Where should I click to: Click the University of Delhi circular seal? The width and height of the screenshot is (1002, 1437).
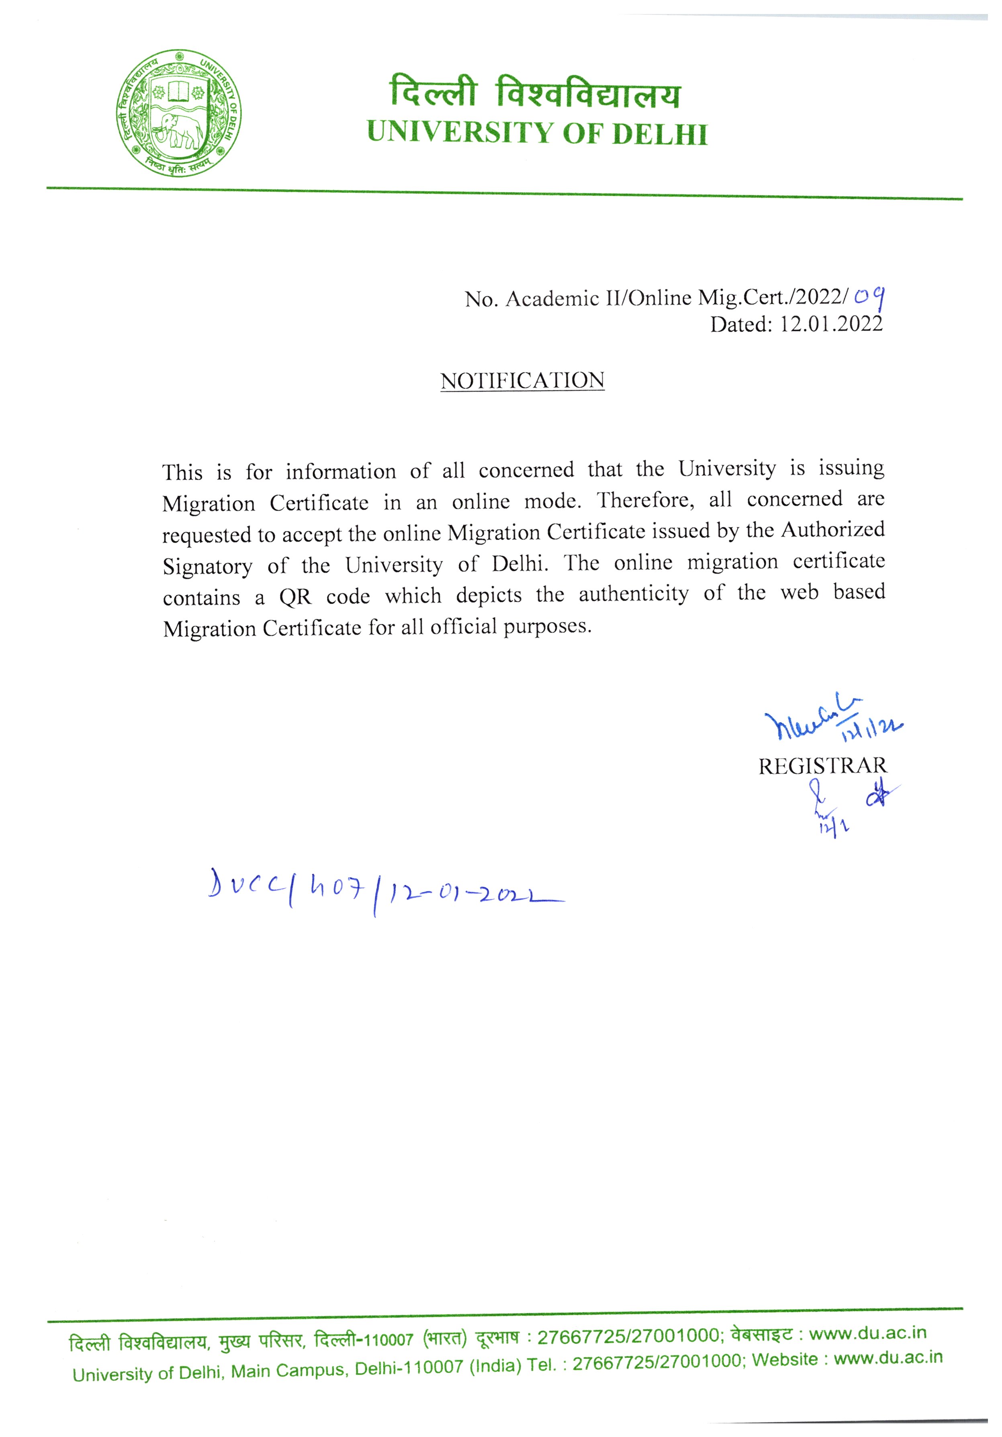[x=178, y=113]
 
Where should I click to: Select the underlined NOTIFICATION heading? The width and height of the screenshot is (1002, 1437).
[x=522, y=381]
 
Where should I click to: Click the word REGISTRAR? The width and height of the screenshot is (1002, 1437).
[x=822, y=766]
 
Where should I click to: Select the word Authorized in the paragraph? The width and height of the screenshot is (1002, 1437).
[x=833, y=530]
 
